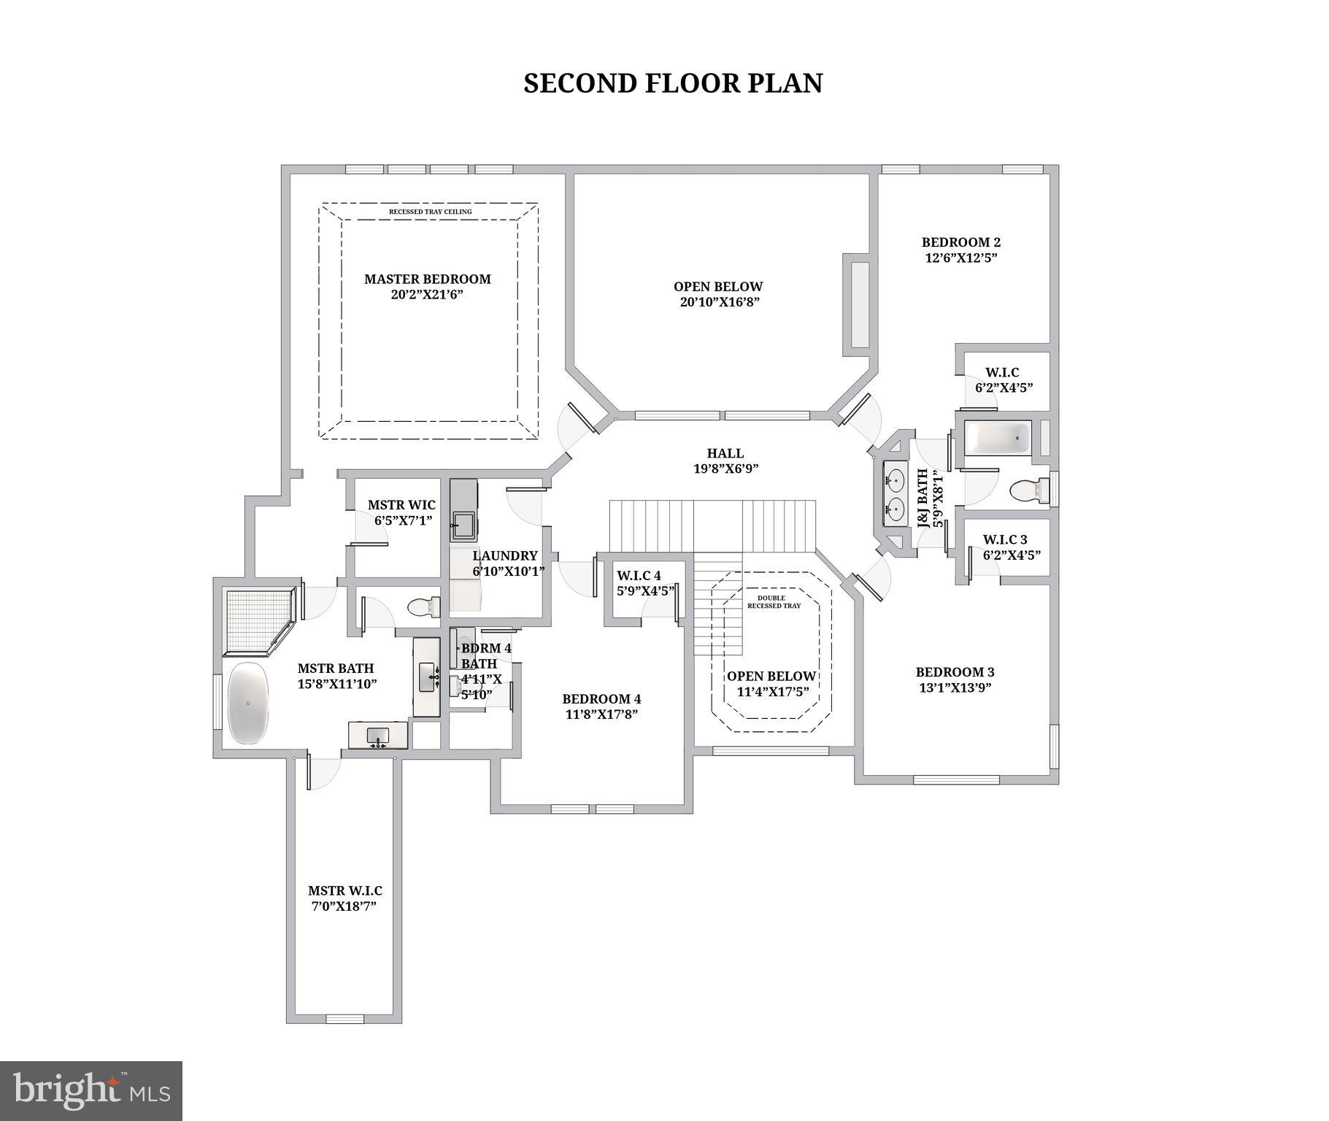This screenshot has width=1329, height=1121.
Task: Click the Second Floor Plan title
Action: click(x=672, y=83)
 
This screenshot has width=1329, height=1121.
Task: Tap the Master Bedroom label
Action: click(x=427, y=279)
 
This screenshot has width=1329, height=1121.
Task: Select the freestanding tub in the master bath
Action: click(x=249, y=703)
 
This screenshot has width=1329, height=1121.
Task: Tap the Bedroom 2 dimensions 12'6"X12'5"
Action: click(x=960, y=258)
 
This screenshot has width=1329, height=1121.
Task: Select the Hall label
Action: click(x=725, y=453)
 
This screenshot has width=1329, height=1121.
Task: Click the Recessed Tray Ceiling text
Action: click(x=430, y=212)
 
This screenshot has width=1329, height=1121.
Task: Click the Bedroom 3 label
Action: click(x=955, y=672)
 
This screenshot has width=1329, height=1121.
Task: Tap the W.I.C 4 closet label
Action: click(x=639, y=575)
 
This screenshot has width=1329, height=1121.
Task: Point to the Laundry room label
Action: click(x=504, y=556)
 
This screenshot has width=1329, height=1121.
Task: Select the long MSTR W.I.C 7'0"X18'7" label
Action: click(x=344, y=898)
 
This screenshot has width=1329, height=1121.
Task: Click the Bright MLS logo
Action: click(x=90, y=1090)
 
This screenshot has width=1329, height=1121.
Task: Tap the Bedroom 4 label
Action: click(x=601, y=699)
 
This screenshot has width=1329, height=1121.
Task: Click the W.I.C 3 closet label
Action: click(x=1004, y=539)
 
